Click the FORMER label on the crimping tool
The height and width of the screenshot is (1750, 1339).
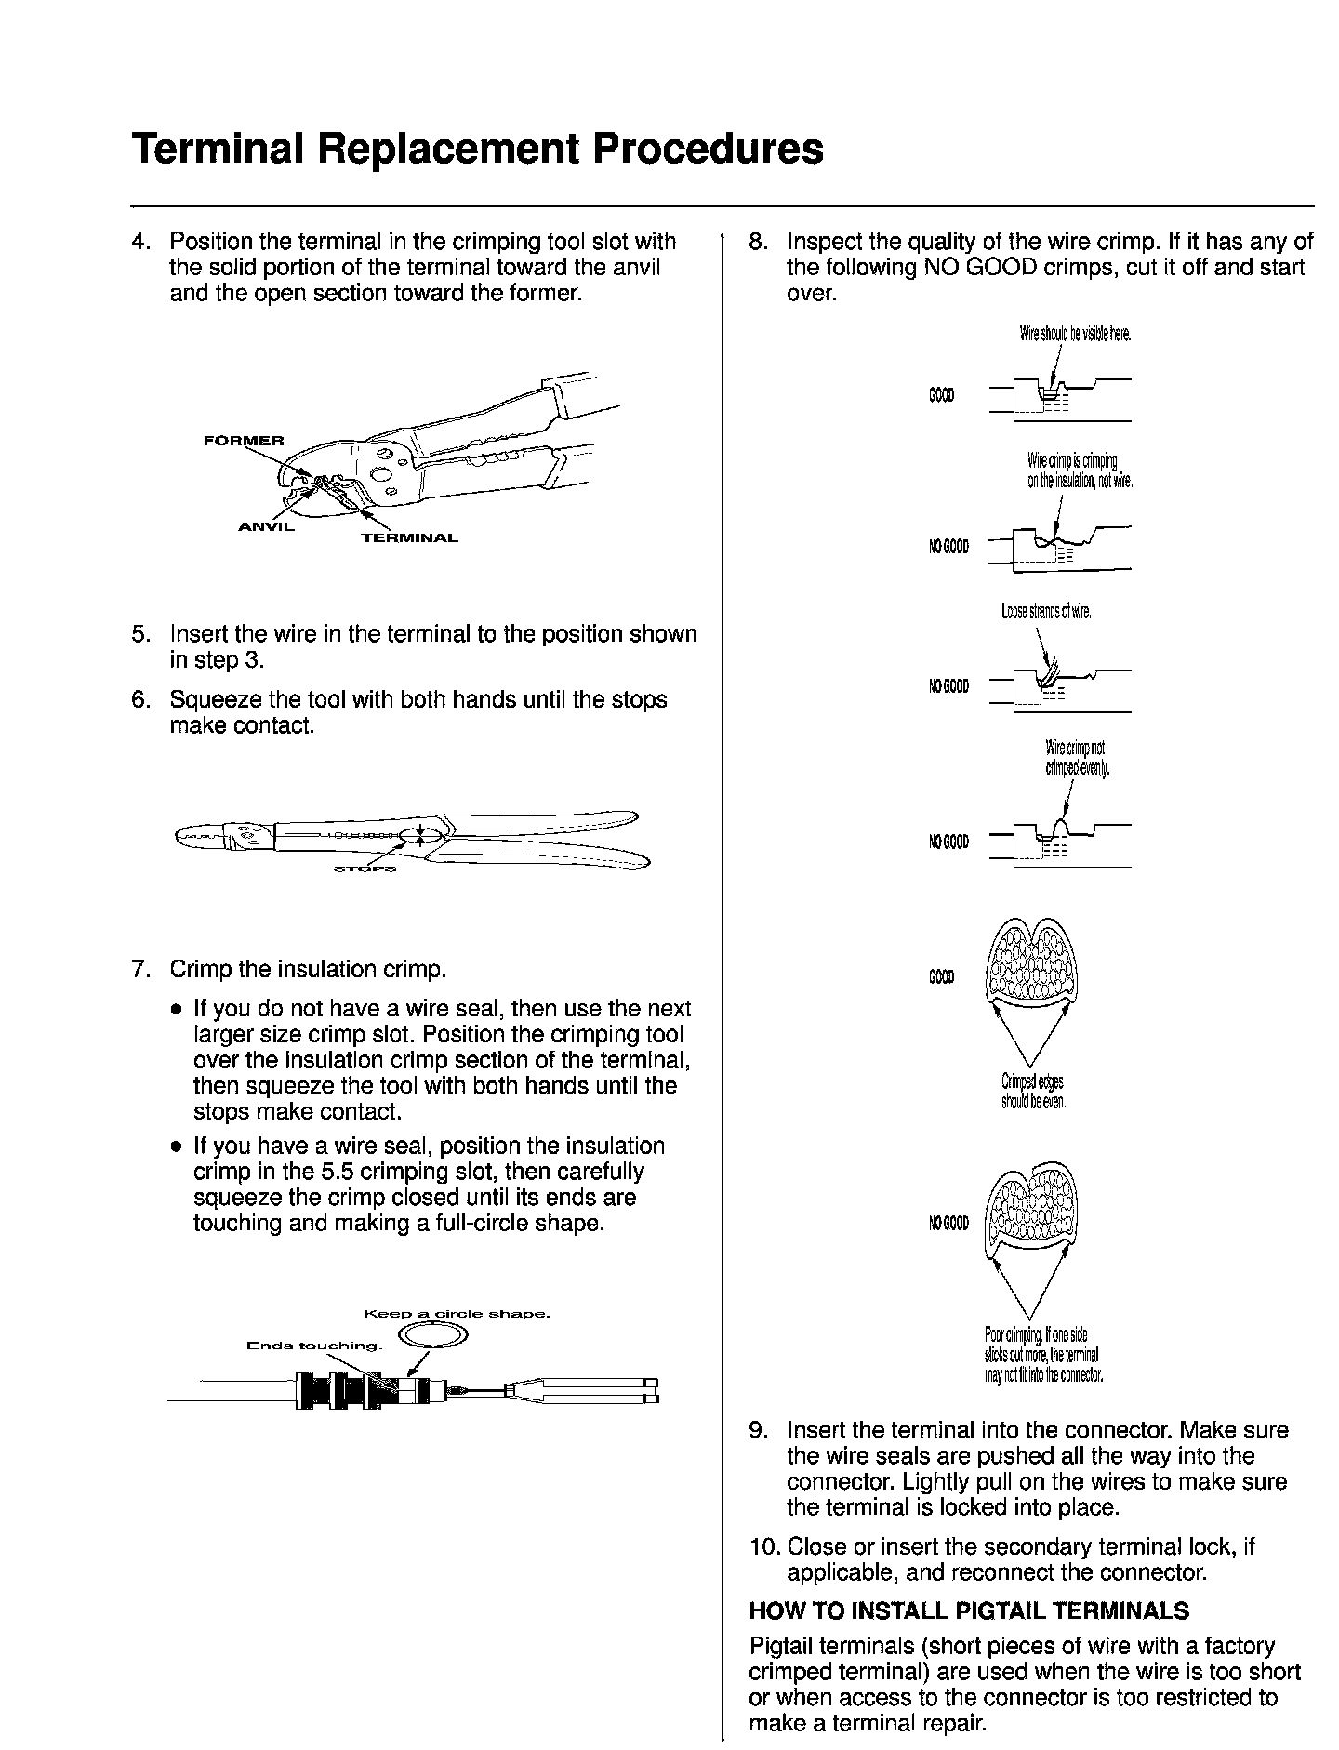point(245,440)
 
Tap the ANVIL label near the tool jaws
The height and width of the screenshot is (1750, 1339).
point(266,527)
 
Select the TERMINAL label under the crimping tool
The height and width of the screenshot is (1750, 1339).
point(409,538)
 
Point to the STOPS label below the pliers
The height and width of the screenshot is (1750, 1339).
point(365,869)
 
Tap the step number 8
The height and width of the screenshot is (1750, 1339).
point(758,242)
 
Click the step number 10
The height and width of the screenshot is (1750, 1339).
point(764,1547)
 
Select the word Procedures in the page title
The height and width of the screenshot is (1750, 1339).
point(709,149)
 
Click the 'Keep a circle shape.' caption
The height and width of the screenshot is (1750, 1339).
point(457,1315)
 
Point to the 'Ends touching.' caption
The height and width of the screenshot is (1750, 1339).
point(314,1346)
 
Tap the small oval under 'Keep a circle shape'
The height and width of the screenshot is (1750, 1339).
point(431,1336)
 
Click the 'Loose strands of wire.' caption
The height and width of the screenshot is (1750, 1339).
point(1045,612)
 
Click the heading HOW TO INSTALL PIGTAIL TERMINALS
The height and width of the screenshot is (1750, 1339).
point(969,1611)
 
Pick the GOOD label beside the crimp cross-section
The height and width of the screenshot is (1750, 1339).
point(941,977)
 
